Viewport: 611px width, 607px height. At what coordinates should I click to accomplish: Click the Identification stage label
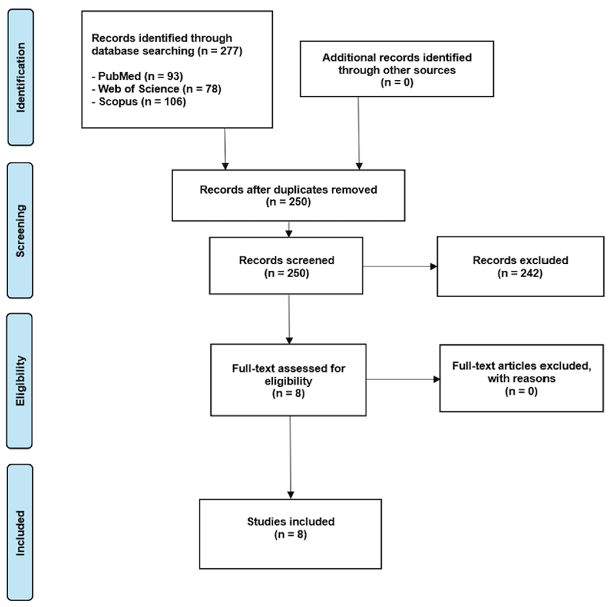[x=21, y=77]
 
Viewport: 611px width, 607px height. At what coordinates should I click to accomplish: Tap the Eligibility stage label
[x=20, y=381]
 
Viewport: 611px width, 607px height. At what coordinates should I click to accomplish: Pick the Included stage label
[x=20, y=532]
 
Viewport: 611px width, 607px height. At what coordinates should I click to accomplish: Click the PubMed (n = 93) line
[x=137, y=76]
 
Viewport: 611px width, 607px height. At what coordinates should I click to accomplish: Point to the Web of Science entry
[x=157, y=89]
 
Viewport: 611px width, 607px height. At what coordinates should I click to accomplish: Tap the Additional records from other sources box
[x=397, y=69]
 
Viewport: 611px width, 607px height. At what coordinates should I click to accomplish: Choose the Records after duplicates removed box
[x=288, y=196]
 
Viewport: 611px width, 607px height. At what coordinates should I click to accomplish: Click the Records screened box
[x=286, y=266]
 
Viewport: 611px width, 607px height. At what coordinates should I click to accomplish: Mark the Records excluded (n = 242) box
[x=521, y=266]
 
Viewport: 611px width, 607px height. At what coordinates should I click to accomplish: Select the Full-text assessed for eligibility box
[x=288, y=380]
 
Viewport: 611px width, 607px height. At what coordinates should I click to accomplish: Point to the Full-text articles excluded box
[x=521, y=378]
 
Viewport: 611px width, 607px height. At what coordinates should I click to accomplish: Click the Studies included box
[x=290, y=534]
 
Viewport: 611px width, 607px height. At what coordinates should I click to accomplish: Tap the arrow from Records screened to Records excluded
[x=400, y=266]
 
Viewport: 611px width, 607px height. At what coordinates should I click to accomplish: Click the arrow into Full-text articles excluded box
[x=403, y=379]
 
